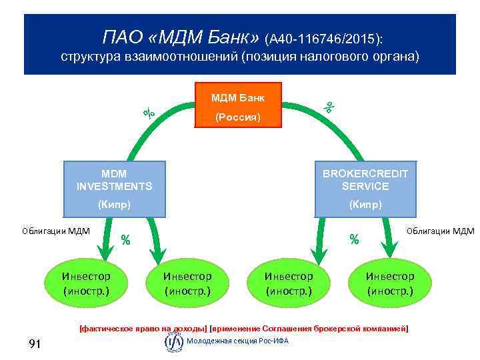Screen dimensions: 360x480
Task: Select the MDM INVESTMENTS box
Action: (x=114, y=189)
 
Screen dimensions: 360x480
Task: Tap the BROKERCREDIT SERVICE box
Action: (x=365, y=189)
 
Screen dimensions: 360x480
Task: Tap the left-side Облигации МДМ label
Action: (x=51, y=231)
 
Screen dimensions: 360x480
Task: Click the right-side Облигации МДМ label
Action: (x=440, y=231)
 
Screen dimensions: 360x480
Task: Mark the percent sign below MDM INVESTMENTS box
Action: (x=125, y=240)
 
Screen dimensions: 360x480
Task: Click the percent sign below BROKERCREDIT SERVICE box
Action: (x=355, y=238)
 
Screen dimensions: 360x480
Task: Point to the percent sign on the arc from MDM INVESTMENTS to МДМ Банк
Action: (x=149, y=113)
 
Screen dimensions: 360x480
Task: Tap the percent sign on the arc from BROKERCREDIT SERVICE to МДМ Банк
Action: (x=329, y=105)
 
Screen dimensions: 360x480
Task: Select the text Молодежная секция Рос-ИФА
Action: (x=237, y=341)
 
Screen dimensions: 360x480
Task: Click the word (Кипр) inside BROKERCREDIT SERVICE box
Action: (x=365, y=205)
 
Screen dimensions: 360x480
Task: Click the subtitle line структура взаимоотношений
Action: (x=240, y=57)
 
